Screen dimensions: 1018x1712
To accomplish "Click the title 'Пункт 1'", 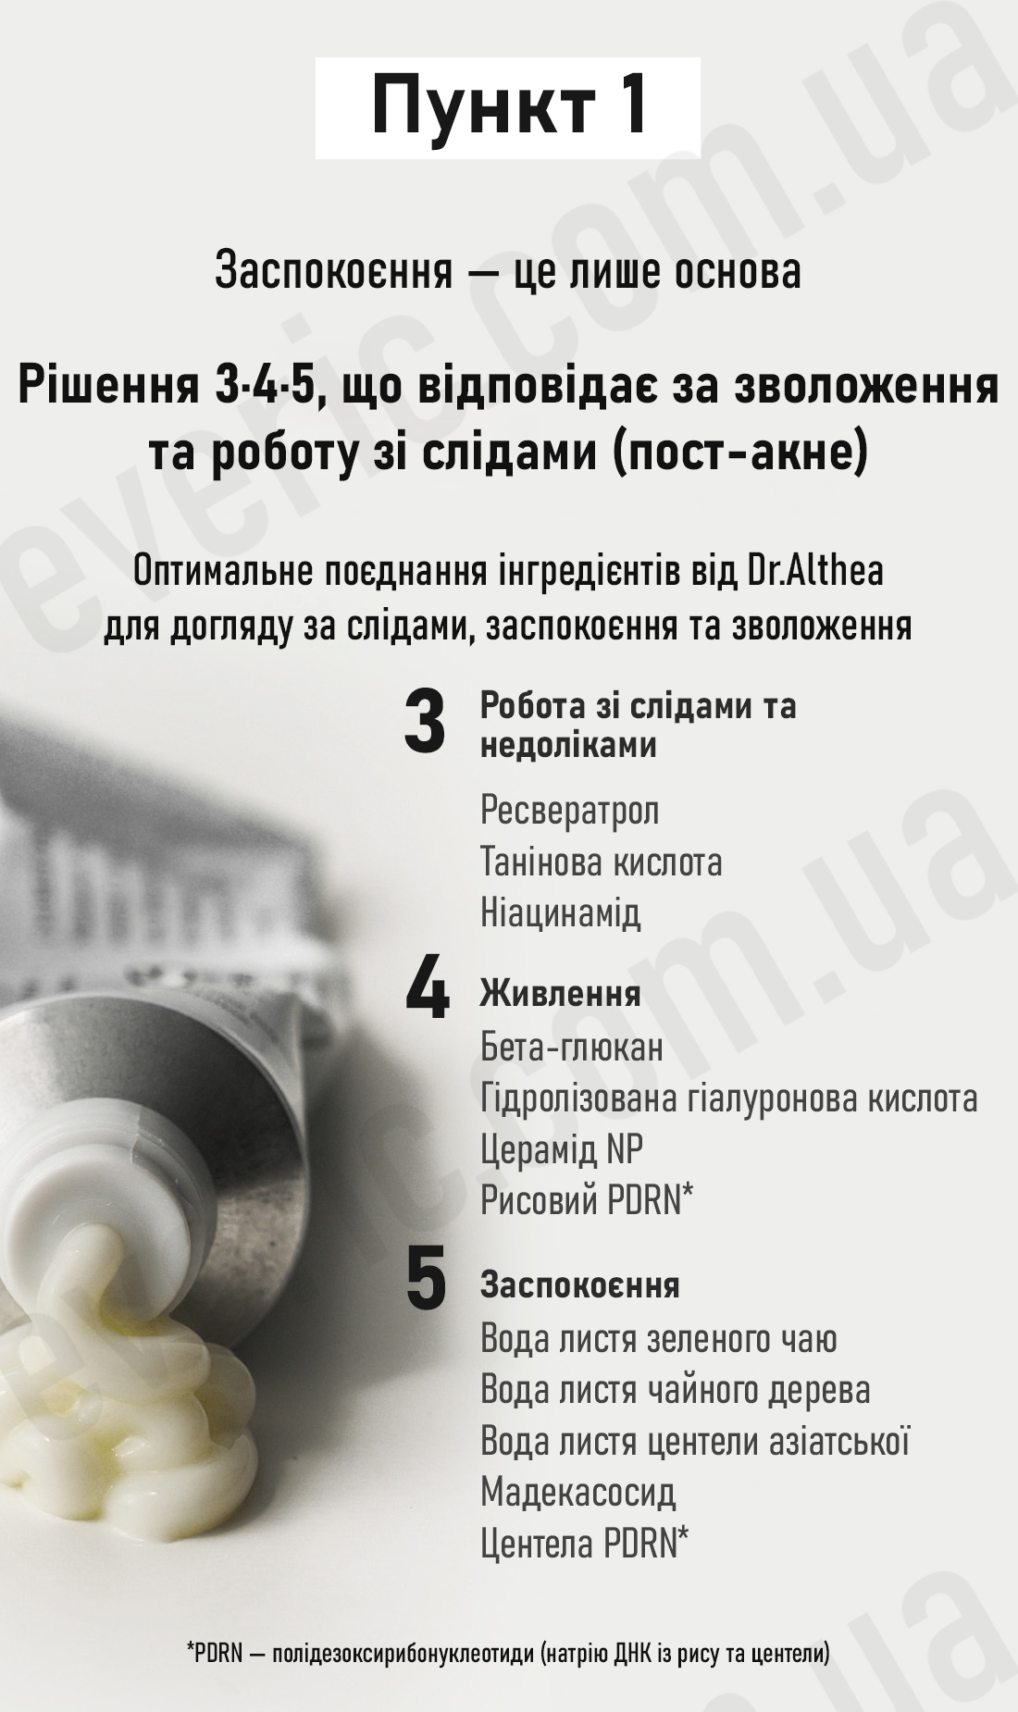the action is click(x=508, y=106).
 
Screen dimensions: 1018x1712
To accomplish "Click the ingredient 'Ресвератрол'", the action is click(x=569, y=812).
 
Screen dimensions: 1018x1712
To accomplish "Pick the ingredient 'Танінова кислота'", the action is click(x=601, y=862).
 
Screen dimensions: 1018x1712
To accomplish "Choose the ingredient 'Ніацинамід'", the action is click(x=560, y=914).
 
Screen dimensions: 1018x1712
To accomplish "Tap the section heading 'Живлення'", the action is click(x=560, y=994).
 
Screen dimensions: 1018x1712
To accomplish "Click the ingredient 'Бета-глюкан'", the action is click(x=571, y=1048).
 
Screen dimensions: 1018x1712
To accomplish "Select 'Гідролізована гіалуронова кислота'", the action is click(x=728, y=1099).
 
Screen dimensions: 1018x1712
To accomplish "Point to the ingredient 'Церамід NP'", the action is click(x=561, y=1150).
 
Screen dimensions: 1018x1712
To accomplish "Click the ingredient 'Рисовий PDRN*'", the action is click(x=587, y=1200).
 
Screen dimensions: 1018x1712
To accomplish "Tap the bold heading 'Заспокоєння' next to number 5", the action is click(x=579, y=1285).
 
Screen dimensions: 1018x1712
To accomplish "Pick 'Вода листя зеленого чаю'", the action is click(x=658, y=1339).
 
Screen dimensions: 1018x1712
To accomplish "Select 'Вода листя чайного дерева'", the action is click(x=675, y=1391).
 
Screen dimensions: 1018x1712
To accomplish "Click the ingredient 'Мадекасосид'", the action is click(x=577, y=1493).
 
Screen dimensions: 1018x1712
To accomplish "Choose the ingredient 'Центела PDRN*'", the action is click(x=584, y=1544).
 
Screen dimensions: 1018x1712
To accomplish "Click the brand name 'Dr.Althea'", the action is click(x=815, y=571).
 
